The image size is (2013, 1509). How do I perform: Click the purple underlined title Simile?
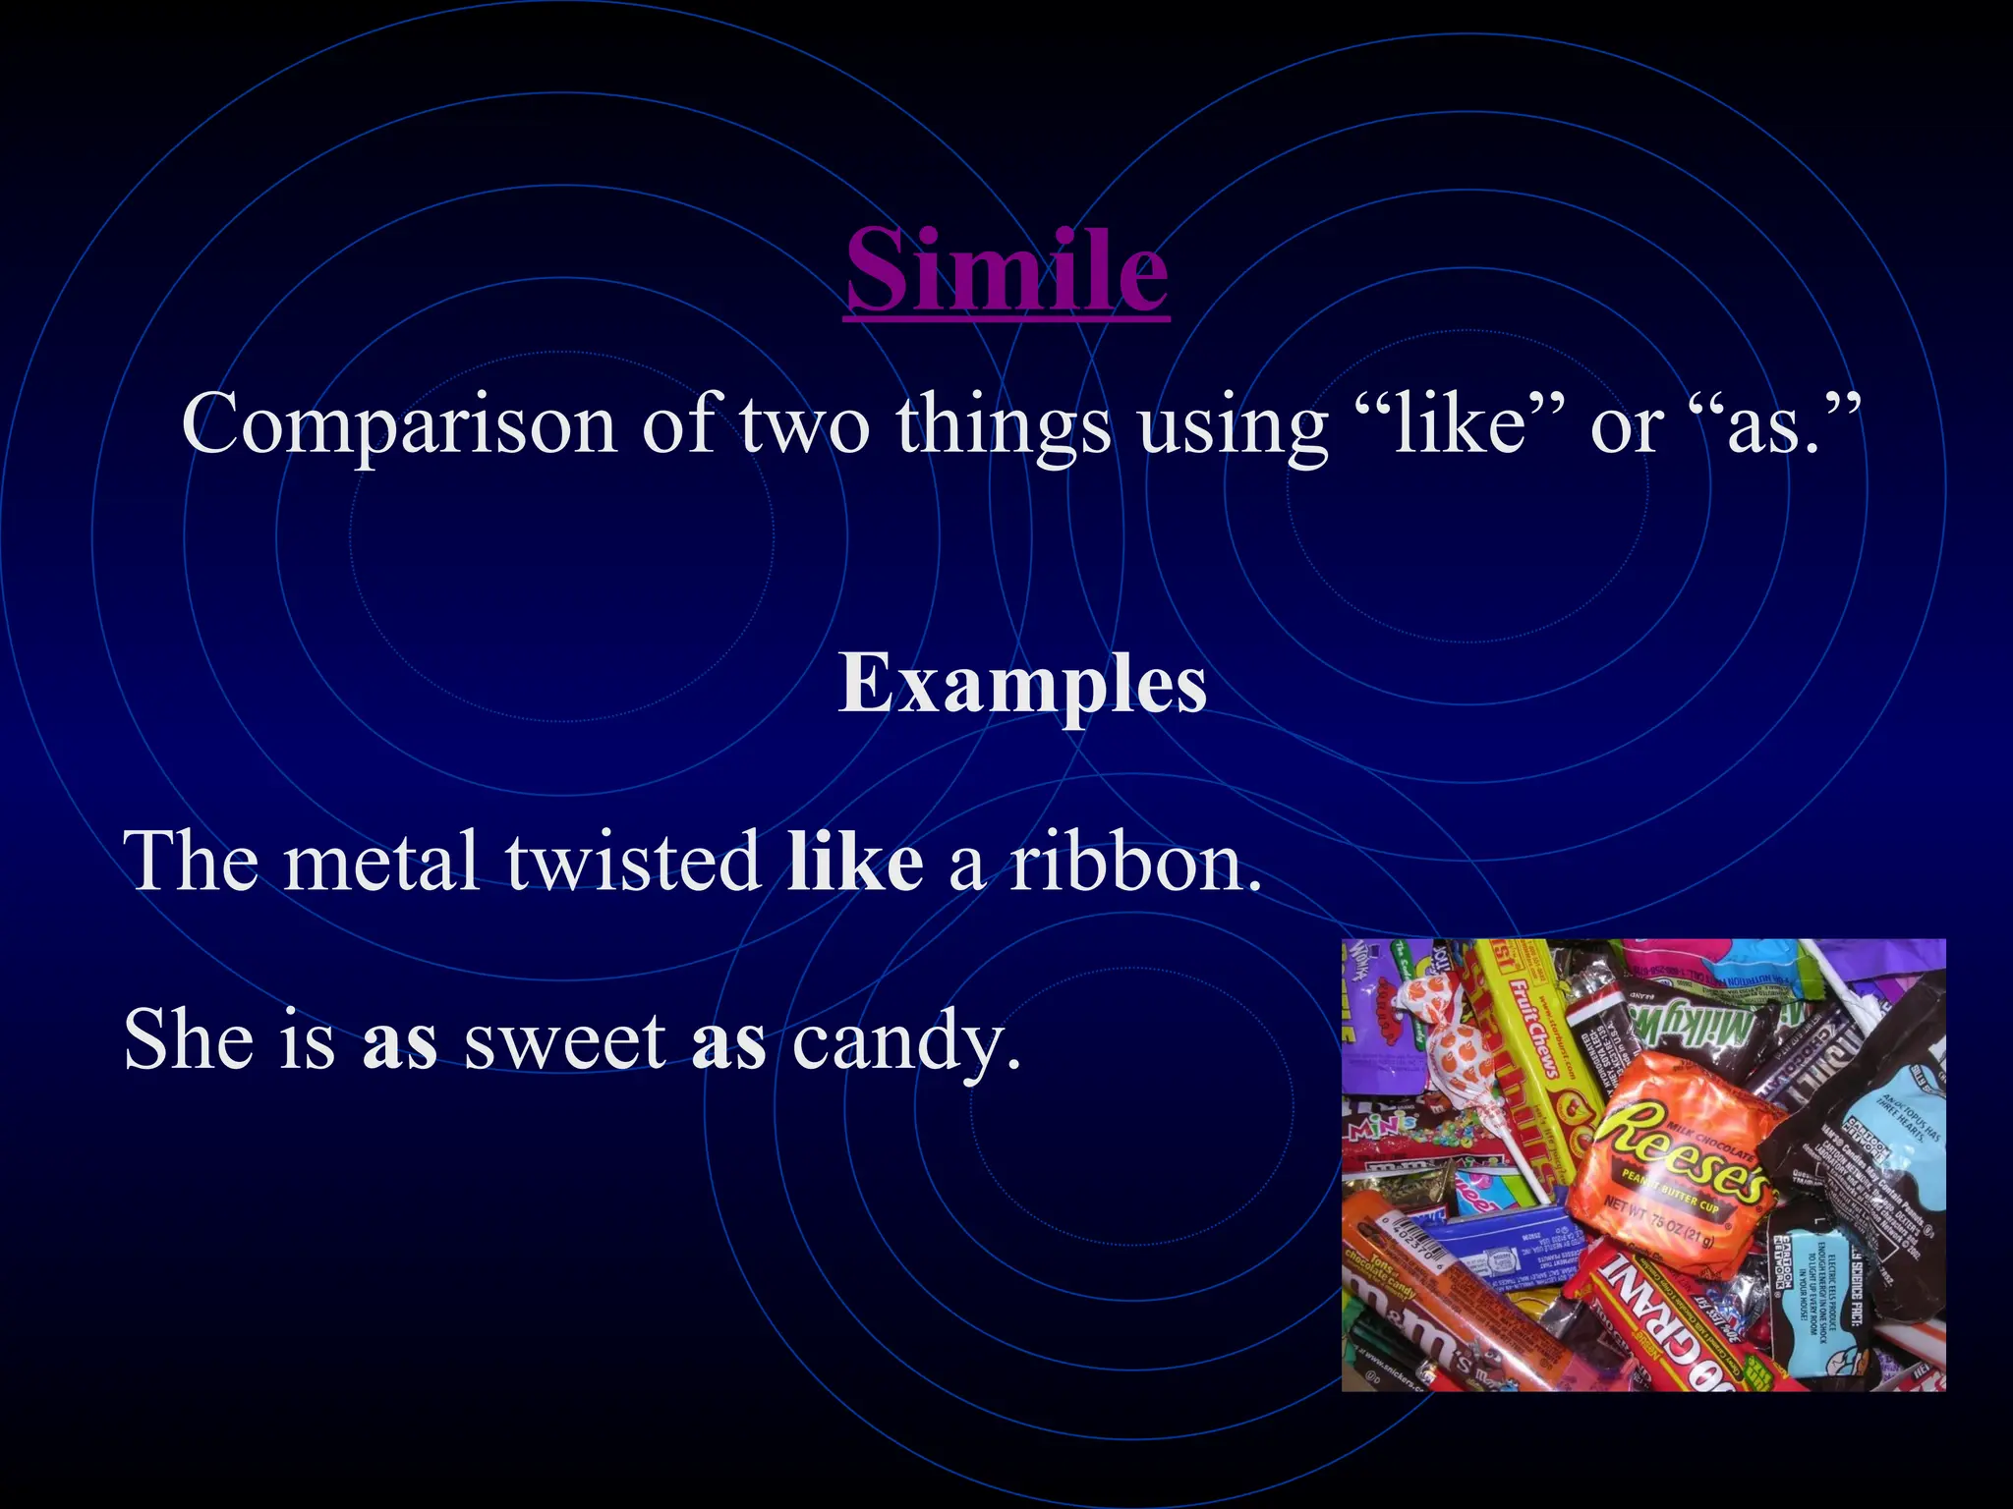click(x=1006, y=269)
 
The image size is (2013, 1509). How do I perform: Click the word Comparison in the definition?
click(x=399, y=424)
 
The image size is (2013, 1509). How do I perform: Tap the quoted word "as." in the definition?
click(x=1759, y=424)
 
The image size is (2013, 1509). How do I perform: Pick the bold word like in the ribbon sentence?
click(x=855, y=861)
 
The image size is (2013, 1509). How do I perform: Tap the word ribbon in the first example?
click(x=1135, y=861)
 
